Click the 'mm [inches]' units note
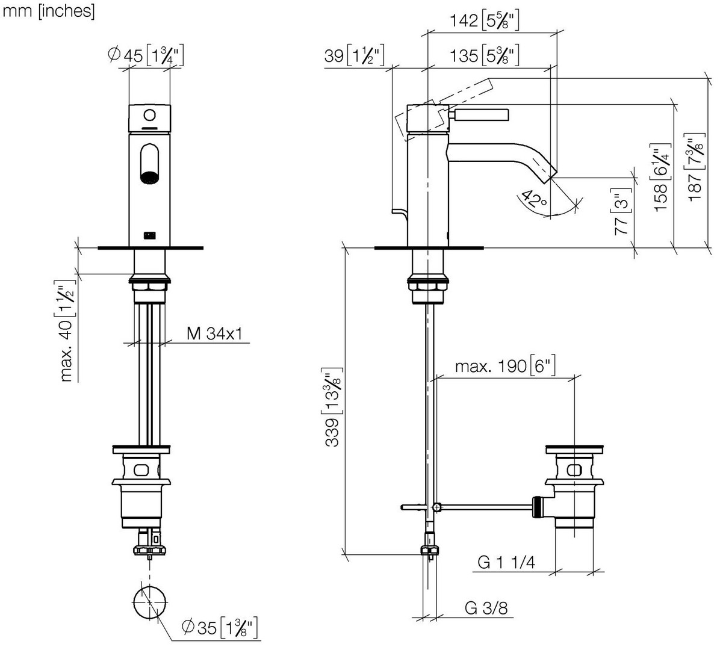point(48,11)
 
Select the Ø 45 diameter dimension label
point(146,55)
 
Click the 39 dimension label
point(355,55)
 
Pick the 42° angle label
point(534,199)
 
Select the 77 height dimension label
point(622,212)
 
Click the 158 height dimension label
point(660,178)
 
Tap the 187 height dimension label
point(695,167)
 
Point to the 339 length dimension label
point(332,407)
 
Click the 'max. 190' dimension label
point(505,367)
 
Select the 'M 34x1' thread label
point(214,333)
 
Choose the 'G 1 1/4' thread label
point(506,562)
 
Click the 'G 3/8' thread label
point(486,608)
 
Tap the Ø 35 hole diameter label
point(220,628)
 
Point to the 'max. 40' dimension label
point(66,330)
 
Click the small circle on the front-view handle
point(149,116)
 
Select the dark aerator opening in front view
point(149,178)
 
